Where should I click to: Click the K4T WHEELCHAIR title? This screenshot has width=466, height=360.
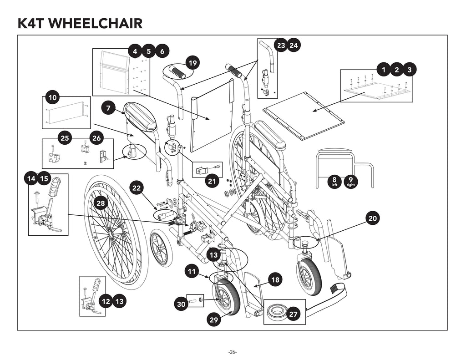point(80,23)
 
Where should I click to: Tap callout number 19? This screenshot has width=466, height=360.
point(193,62)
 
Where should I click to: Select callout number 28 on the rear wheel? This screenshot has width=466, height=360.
point(101,203)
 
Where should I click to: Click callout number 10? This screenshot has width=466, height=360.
point(53,97)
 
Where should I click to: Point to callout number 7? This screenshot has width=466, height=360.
point(108,108)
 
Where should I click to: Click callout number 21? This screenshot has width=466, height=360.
point(211,181)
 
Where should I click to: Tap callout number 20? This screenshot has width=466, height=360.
point(373,218)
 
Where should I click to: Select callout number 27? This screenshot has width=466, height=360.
point(293,314)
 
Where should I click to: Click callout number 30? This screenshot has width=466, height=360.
point(182,304)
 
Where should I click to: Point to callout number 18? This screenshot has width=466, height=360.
point(275,280)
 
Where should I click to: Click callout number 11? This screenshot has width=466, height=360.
point(192,272)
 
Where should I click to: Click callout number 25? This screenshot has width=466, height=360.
point(65,138)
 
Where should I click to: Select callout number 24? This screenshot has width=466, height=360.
point(294,46)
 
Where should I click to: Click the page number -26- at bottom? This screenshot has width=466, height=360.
point(233,352)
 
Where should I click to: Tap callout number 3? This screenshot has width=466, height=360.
point(410,70)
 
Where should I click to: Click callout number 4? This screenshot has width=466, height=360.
point(134,51)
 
